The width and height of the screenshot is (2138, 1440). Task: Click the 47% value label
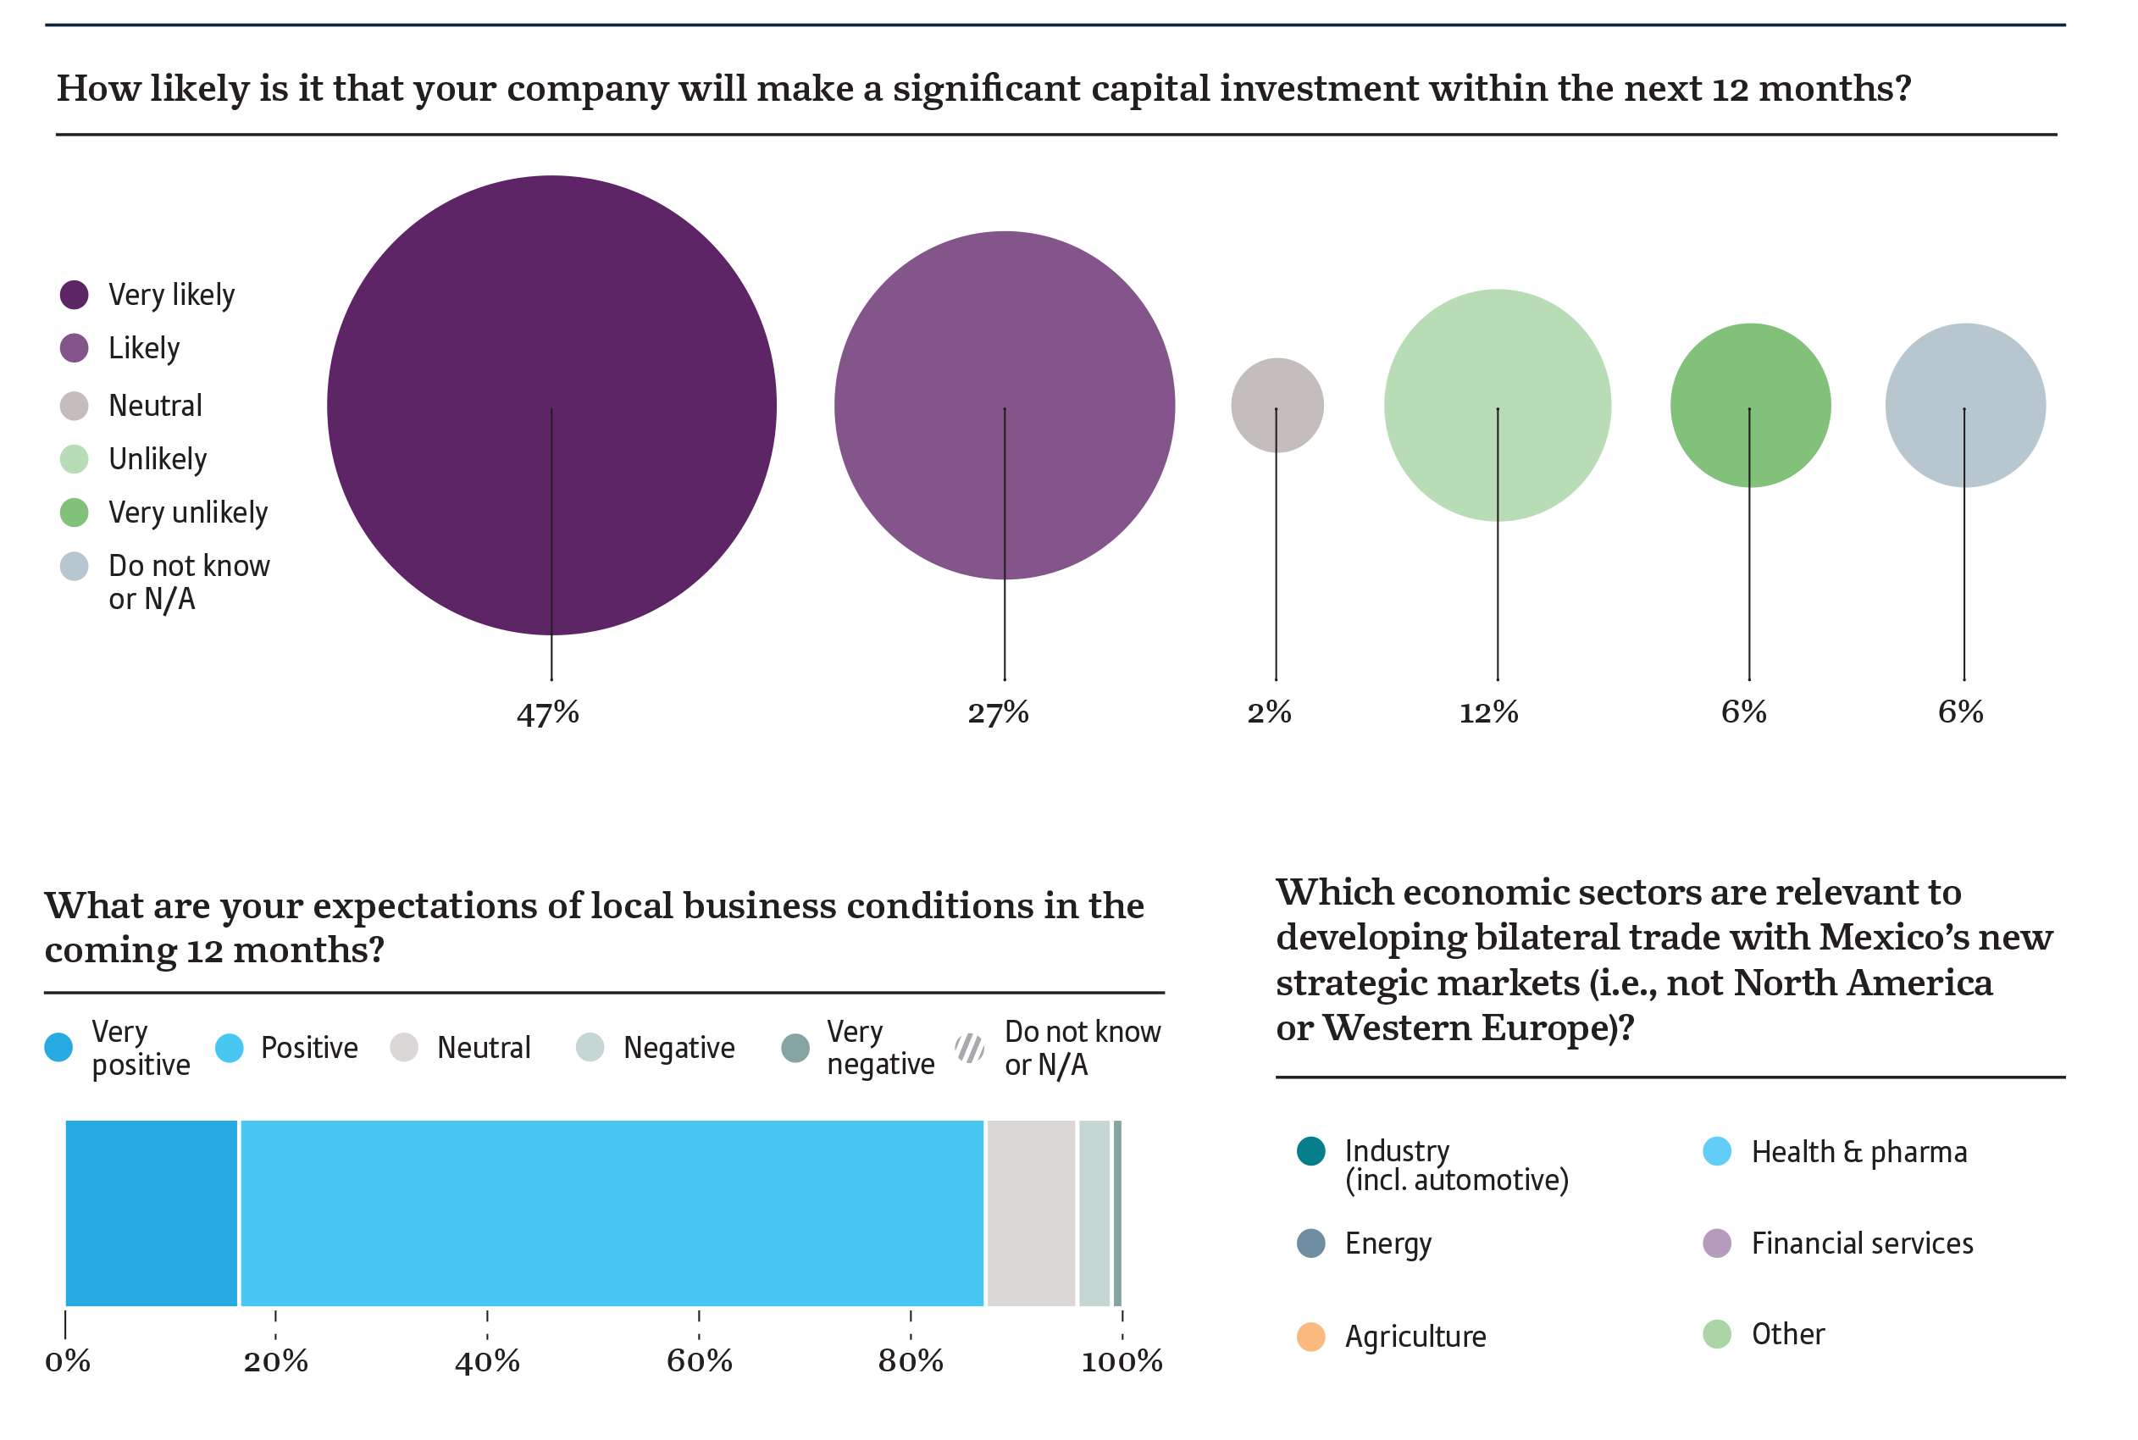547,712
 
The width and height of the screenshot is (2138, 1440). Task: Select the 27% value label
999,712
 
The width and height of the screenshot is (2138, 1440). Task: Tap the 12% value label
1488,712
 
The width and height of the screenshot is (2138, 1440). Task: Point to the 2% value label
1269,712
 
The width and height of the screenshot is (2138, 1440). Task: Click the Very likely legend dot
75,295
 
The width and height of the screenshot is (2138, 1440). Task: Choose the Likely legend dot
75,348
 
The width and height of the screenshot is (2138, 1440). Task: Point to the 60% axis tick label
699,1361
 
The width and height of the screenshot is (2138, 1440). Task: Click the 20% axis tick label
275,1361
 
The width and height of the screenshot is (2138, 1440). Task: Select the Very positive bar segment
152,1212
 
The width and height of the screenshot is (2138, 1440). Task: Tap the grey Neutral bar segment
1030,1212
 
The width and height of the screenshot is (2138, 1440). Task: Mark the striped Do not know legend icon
970,1047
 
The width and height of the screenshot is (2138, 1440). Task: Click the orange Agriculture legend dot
1310,1336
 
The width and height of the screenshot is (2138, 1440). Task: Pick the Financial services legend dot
1716,1243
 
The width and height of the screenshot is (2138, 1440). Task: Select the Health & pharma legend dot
1716,1150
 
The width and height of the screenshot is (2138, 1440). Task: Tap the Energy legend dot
1310,1243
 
